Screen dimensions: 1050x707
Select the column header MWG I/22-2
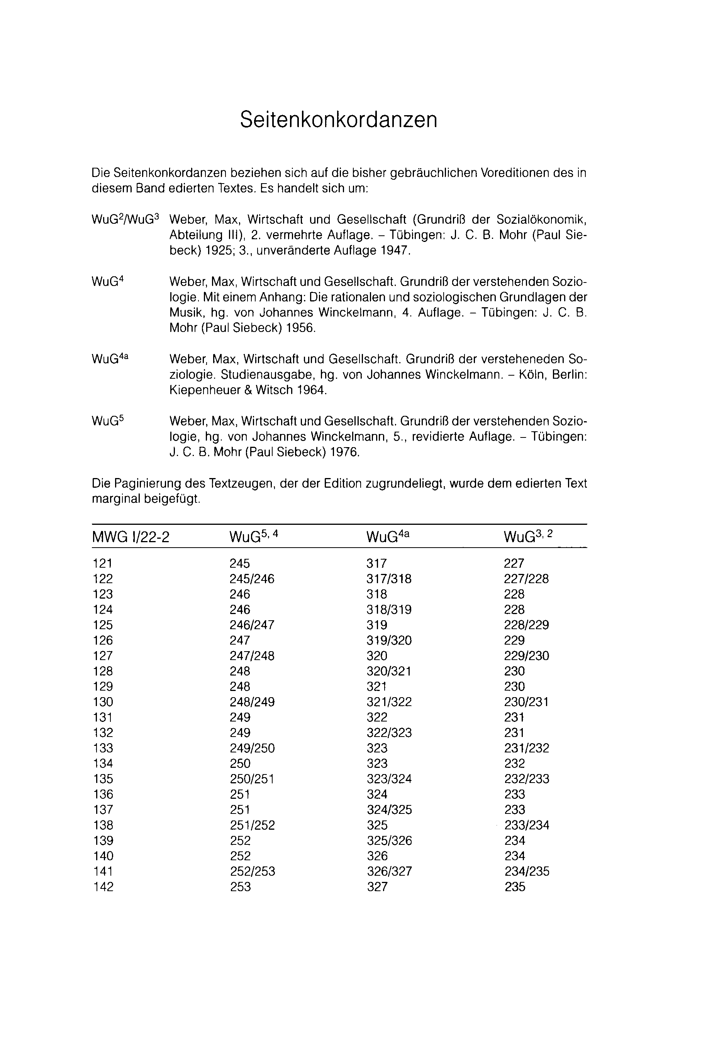(x=131, y=537)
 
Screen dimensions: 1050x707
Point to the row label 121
(x=102, y=563)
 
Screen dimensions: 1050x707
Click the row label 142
(x=103, y=887)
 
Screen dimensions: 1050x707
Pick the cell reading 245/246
(x=252, y=579)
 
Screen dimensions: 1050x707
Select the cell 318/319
(x=389, y=609)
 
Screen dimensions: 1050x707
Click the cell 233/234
(x=527, y=825)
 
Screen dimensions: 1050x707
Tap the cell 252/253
(x=252, y=871)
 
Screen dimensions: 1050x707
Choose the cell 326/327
(x=389, y=871)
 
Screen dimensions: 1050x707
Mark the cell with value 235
(x=515, y=887)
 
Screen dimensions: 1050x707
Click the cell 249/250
(x=252, y=748)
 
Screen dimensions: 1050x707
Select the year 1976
(x=344, y=452)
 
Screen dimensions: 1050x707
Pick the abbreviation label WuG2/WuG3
(x=125, y=220)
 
